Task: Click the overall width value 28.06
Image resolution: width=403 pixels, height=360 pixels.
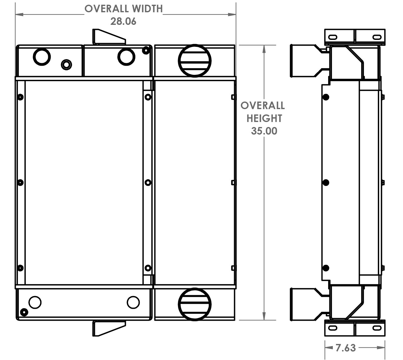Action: (x=123, y=21)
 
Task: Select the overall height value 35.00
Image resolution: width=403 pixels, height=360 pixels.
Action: (x=264, y=131)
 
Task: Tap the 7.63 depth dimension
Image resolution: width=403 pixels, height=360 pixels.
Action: (x=345, y=348)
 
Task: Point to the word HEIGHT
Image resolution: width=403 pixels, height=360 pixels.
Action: (x=264, y=119)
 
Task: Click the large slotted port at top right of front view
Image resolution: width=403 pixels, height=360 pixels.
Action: (x=194, y=61)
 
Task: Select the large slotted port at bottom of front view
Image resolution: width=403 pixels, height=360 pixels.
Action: (x=194, y=304)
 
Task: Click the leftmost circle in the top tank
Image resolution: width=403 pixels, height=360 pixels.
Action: (x=42, y=57)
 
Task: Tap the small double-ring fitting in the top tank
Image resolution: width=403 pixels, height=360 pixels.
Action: (x=66, y=65)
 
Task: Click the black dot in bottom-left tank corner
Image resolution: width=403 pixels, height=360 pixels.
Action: (x=23, y=312)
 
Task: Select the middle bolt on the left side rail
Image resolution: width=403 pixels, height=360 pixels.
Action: (x=20, y=182)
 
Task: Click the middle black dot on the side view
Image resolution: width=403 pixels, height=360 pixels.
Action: (x=326, y=182)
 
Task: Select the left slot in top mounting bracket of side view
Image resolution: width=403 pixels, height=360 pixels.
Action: (x=333, y=37)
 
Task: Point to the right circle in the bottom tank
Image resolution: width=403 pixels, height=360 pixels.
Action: (x=133, y=302)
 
